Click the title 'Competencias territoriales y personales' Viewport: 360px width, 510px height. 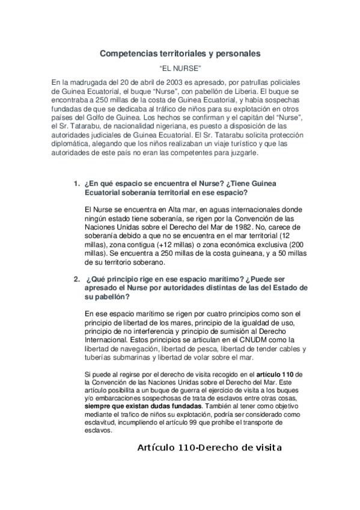[180, 54]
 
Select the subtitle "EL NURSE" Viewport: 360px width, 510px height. [180, 69]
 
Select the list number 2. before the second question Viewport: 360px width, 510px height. [76, 278]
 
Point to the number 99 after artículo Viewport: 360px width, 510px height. [203, 423]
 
